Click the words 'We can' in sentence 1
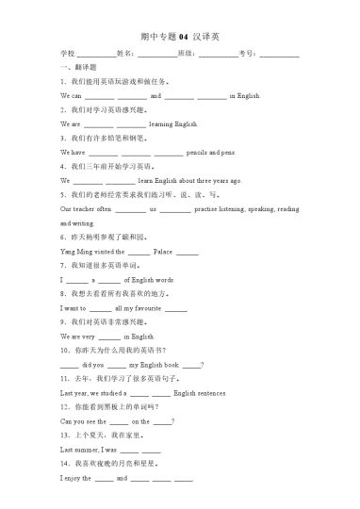point(71,96)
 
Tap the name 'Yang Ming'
point(75,253)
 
